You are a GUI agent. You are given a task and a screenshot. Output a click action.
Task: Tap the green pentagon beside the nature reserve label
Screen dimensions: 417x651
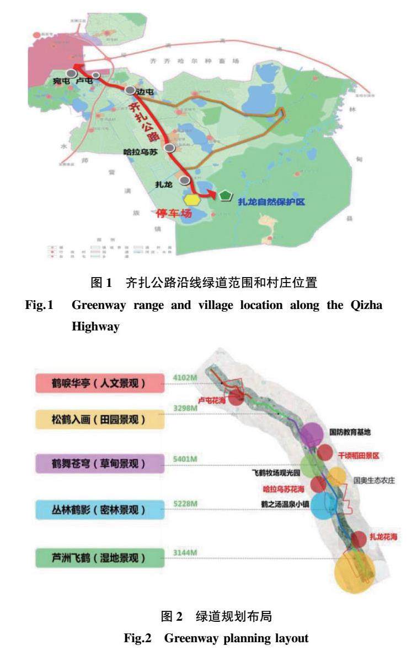pyautogui.click(x=225, y=195)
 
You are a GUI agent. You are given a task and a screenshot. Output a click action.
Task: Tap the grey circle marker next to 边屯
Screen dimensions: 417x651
pyautogui.click(x=130, y=90)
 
